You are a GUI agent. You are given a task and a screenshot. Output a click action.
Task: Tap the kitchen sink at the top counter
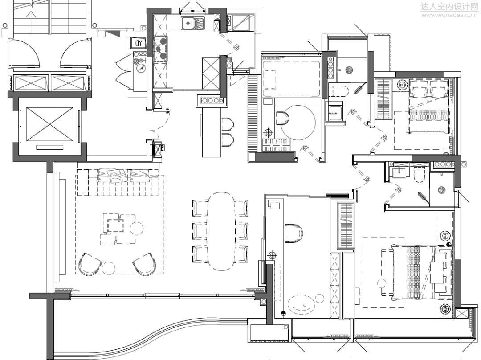pyautogui.click(x=193, y=23)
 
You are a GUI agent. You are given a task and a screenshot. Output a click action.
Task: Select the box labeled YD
pyautogui.click(x=139, y=43)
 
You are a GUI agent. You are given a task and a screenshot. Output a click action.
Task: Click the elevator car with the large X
pyautogui.click(x=50, y=124)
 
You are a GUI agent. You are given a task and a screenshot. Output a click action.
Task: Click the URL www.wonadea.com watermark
pyautogui.click(x=448, y=15)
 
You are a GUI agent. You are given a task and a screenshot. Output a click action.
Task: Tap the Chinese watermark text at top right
pyautogui.click(x=449, y=6)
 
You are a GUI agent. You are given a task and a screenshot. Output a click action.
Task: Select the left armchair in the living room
pyautogui.click(x=89, y=264)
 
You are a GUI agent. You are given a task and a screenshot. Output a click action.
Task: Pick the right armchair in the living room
pyautogui.click(x=144, y=264)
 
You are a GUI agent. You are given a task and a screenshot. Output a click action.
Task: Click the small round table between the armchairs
pyautogui.click(x=108, y=268)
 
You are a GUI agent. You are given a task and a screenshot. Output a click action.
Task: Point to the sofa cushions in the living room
pyautogui.click(x=124, y=176)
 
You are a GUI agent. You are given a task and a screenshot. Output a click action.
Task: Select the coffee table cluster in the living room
pyautogui.click(x=118, y=229)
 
